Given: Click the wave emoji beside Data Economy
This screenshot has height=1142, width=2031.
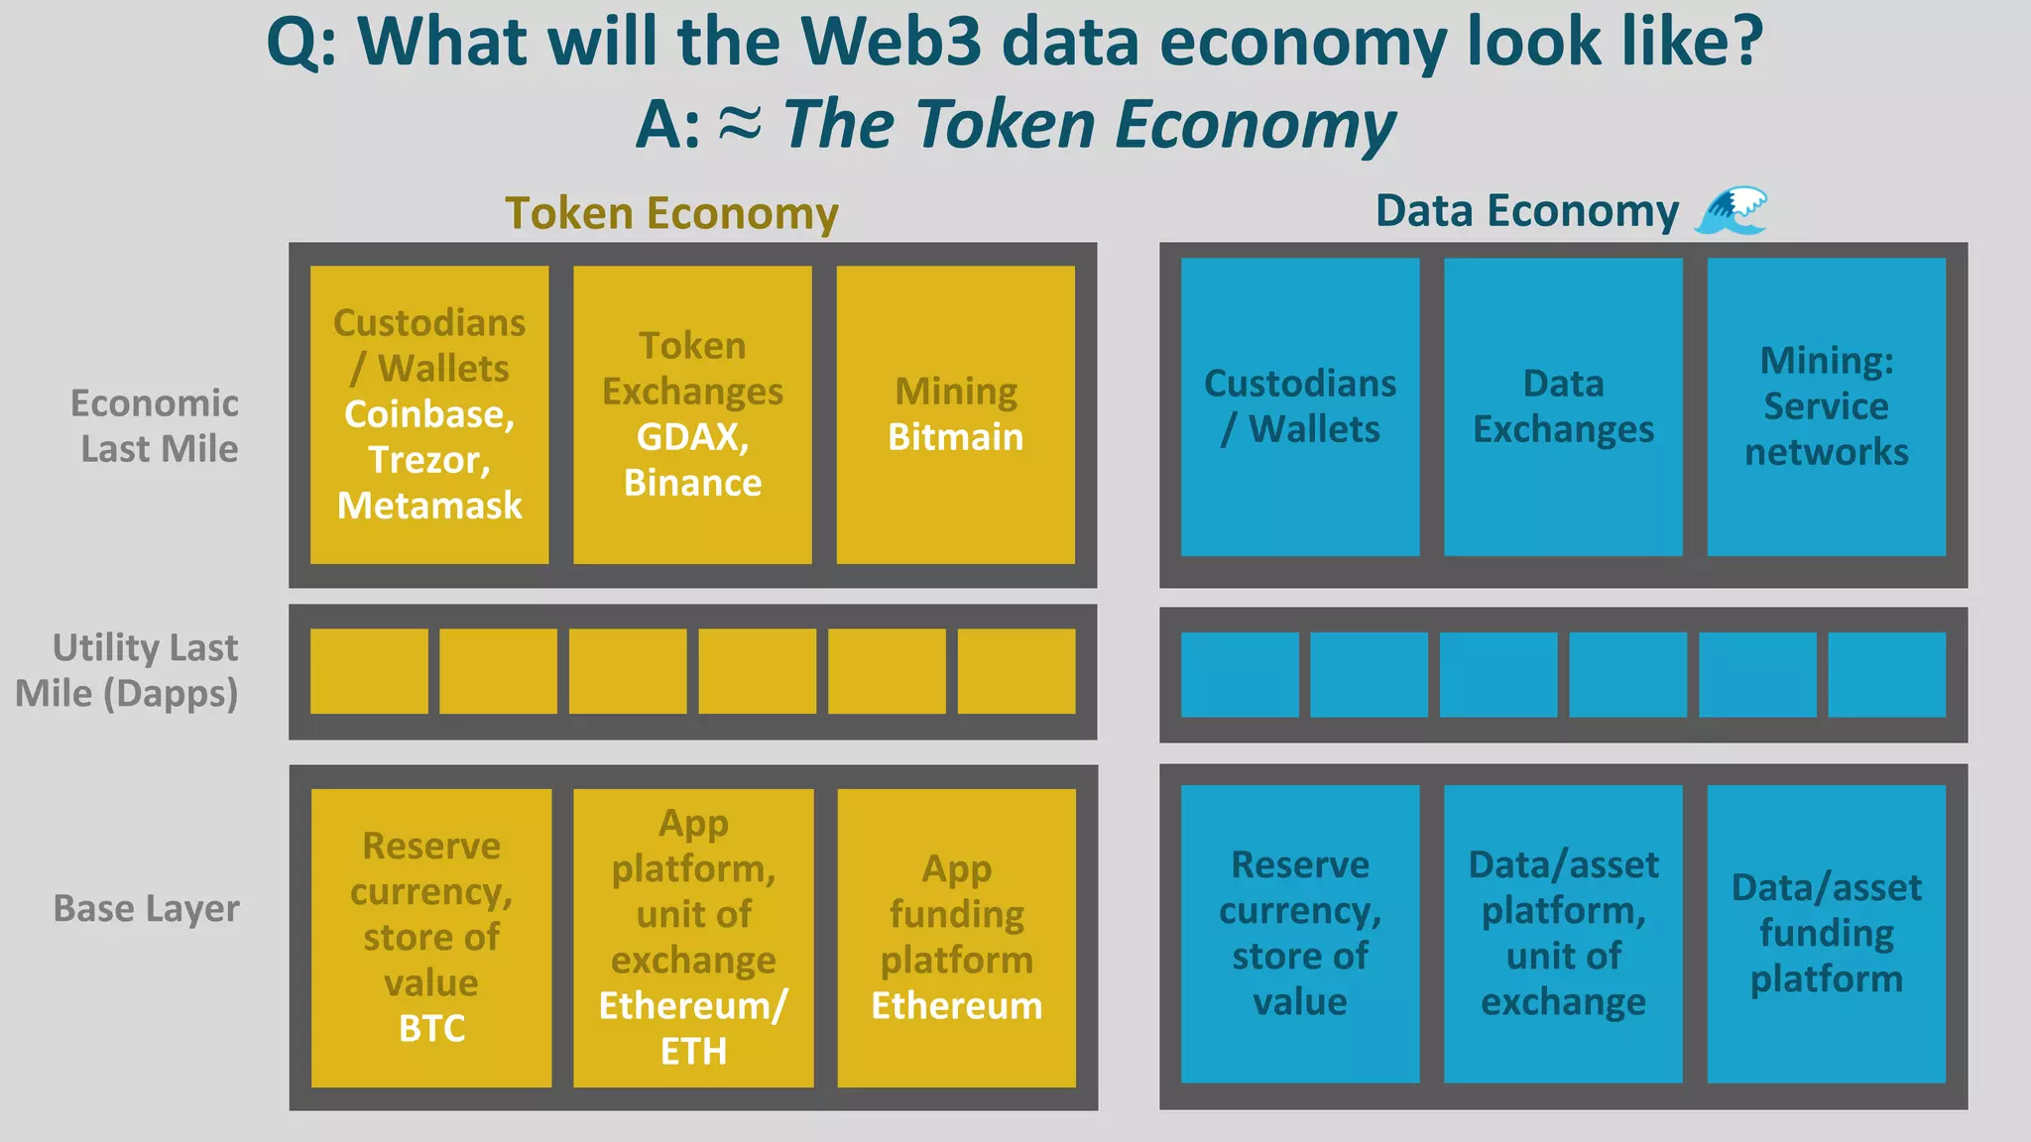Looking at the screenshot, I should [x=1732, y=211].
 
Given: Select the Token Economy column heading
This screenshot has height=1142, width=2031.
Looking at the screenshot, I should [x=671, y=213].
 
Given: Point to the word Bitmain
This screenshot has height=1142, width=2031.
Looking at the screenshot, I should [x=955, y=437].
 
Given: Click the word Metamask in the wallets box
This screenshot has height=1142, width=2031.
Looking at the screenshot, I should [x=429, y=506].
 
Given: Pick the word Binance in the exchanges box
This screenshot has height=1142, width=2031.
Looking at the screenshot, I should [x=692, y=483].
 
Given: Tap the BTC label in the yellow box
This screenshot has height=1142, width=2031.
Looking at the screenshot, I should [x=431, y=1028].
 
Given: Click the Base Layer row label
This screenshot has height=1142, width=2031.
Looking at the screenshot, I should [x=146, y=908].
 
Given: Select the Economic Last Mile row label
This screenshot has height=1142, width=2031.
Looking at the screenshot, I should [x=155, y=426].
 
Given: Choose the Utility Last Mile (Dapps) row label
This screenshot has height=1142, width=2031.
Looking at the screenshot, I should [x=127, y=670].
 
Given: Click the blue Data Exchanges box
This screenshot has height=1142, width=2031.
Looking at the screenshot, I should [x=1563, y=406].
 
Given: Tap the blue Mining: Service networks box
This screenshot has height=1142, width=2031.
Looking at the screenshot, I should [x=1826, y=406].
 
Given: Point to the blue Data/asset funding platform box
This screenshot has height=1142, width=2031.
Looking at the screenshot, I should [x=1826, y=933].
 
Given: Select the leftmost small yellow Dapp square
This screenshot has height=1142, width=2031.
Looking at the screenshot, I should [x=369, y=671].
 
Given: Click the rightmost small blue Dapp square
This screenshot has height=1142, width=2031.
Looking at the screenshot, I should [x=1886, y=674].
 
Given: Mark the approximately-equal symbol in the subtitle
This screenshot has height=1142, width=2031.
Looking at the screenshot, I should [x=740, y=123].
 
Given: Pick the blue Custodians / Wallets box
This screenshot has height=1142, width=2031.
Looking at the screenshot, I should [x=1299, y=406].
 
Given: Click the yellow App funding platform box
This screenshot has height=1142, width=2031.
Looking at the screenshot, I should [x=956, y=937].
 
